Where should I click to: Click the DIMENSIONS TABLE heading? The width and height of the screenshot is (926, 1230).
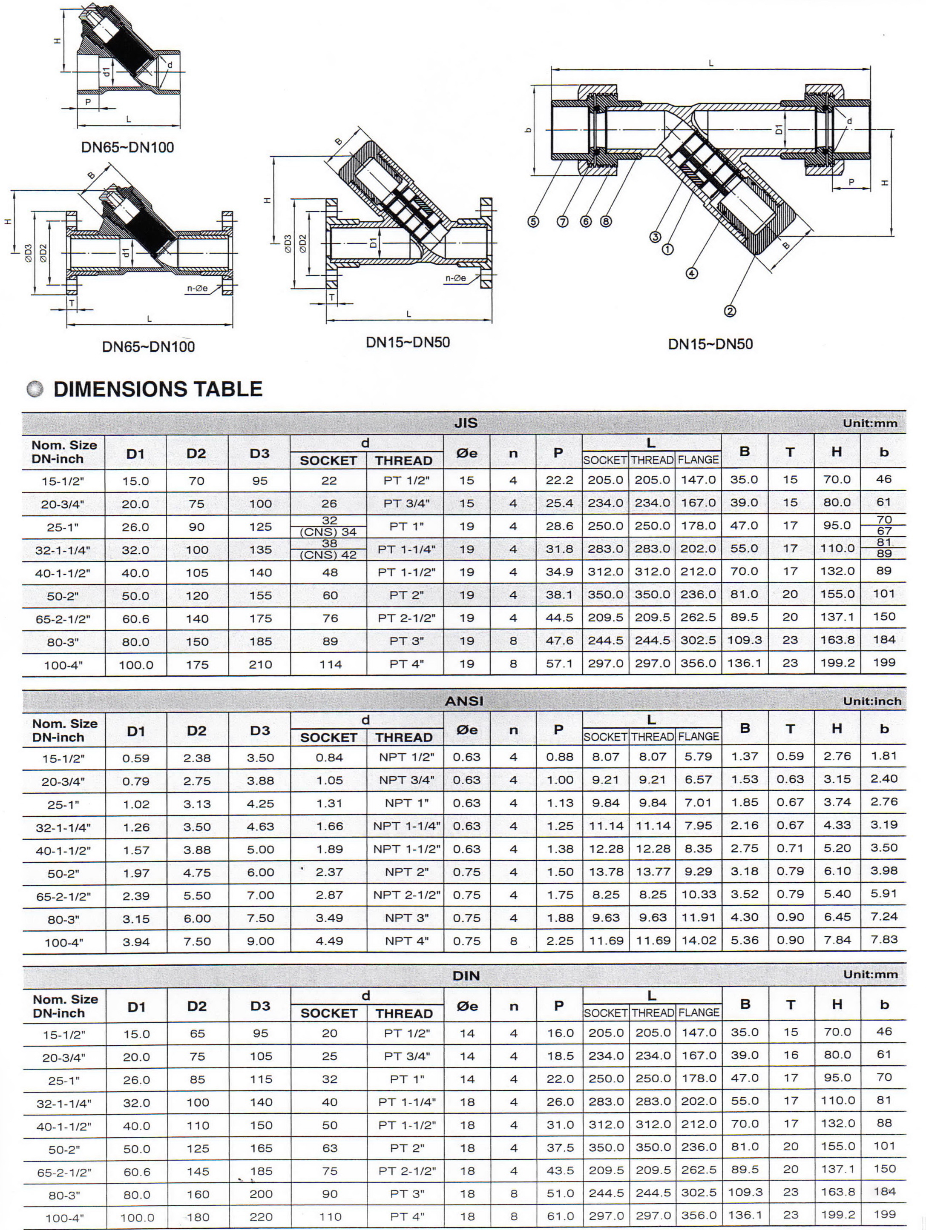pos(158,389)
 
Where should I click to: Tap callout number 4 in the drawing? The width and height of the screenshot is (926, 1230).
pos(691,273)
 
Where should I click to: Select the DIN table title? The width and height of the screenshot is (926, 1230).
pos(466,975)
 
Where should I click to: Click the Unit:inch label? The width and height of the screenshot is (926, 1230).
pos(871,701)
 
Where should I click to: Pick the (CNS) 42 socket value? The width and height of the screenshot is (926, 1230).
pos(328,555)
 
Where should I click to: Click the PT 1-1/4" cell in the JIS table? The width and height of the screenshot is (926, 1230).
pos(406,549)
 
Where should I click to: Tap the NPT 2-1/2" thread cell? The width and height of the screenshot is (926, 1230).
pos(406,895)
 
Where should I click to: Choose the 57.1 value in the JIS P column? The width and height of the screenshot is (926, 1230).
pos(559,664)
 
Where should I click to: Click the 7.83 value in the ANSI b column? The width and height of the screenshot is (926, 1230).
pos(884,939)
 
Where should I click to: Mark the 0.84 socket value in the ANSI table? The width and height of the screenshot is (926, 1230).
pos(329,757)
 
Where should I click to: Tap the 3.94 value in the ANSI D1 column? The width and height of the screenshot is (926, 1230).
pos(136,942)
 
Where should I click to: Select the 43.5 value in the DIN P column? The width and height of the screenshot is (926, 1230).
pos(559,1170)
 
